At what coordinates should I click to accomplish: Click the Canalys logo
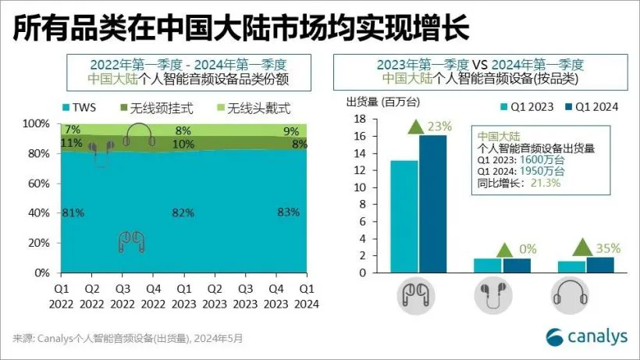tap(586, 337)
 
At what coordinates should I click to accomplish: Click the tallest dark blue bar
tap(433, 204)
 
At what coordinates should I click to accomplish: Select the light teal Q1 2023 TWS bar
tap(404, 216)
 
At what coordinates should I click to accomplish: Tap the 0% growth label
tap(528, 249)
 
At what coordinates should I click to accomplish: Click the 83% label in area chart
tap(287, 212)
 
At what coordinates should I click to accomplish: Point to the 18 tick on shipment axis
tap(361, 119)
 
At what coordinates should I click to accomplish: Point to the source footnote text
tap(128, 338)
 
